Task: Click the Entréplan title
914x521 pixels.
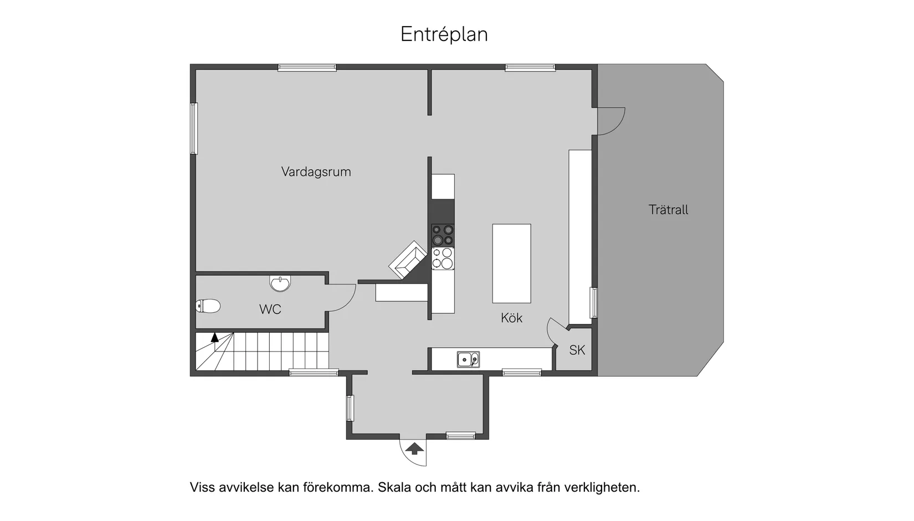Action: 444,34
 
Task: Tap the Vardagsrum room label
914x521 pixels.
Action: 316,172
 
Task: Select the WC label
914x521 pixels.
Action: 270,309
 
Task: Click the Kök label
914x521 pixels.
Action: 511,318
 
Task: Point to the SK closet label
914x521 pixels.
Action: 577,350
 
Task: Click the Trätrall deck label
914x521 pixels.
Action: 668,210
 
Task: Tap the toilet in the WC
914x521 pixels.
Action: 208,306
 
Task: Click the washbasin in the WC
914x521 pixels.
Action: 280,283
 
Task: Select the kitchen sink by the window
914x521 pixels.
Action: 468,359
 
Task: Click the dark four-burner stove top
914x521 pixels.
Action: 443,235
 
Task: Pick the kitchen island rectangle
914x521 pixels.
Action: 511,264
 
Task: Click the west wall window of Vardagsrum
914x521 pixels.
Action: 194,128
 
